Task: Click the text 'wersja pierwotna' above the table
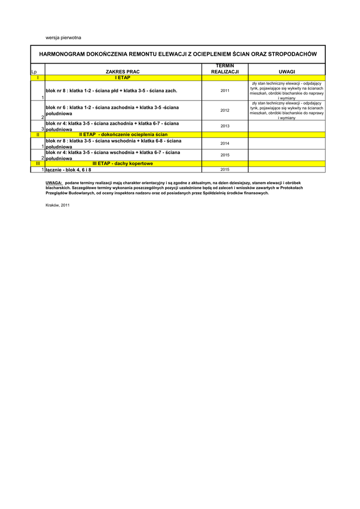point(63,38)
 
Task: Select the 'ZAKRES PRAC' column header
point(123,72)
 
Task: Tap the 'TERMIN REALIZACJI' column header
point(225,69)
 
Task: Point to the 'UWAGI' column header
point(286,72)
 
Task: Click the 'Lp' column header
point(34,72)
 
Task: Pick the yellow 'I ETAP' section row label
point(123,78)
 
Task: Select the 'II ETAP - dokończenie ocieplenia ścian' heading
point(123,135)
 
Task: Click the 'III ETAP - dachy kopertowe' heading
point(123,164)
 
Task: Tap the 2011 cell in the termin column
point(225,91)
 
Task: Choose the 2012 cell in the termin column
point(225,110)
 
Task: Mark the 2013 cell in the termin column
point(225,126)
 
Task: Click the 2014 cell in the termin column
point(225,144)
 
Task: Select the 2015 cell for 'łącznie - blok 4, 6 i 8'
point(225,170)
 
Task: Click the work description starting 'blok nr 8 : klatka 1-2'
point(111,91)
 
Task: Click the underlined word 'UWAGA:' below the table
point(54,183)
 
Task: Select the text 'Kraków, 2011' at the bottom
point(58,205)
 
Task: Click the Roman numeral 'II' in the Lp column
point(38,135)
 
